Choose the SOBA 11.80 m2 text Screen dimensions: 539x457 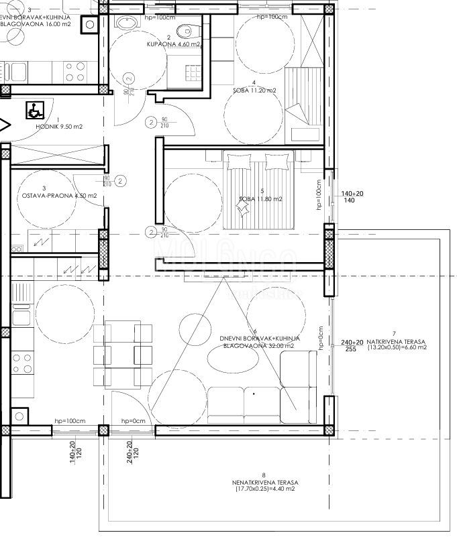coord(260,199)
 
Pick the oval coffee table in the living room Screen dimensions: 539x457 coord(232,361)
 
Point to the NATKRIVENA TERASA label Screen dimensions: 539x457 coord(395,341)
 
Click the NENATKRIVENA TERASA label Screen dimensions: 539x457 coord(264,482)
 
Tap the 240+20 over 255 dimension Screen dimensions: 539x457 coord(352,345)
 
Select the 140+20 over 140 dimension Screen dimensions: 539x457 coord(352,196)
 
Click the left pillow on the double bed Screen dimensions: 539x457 coord(238,162)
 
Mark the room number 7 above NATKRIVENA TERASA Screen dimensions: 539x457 coord(394,333)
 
